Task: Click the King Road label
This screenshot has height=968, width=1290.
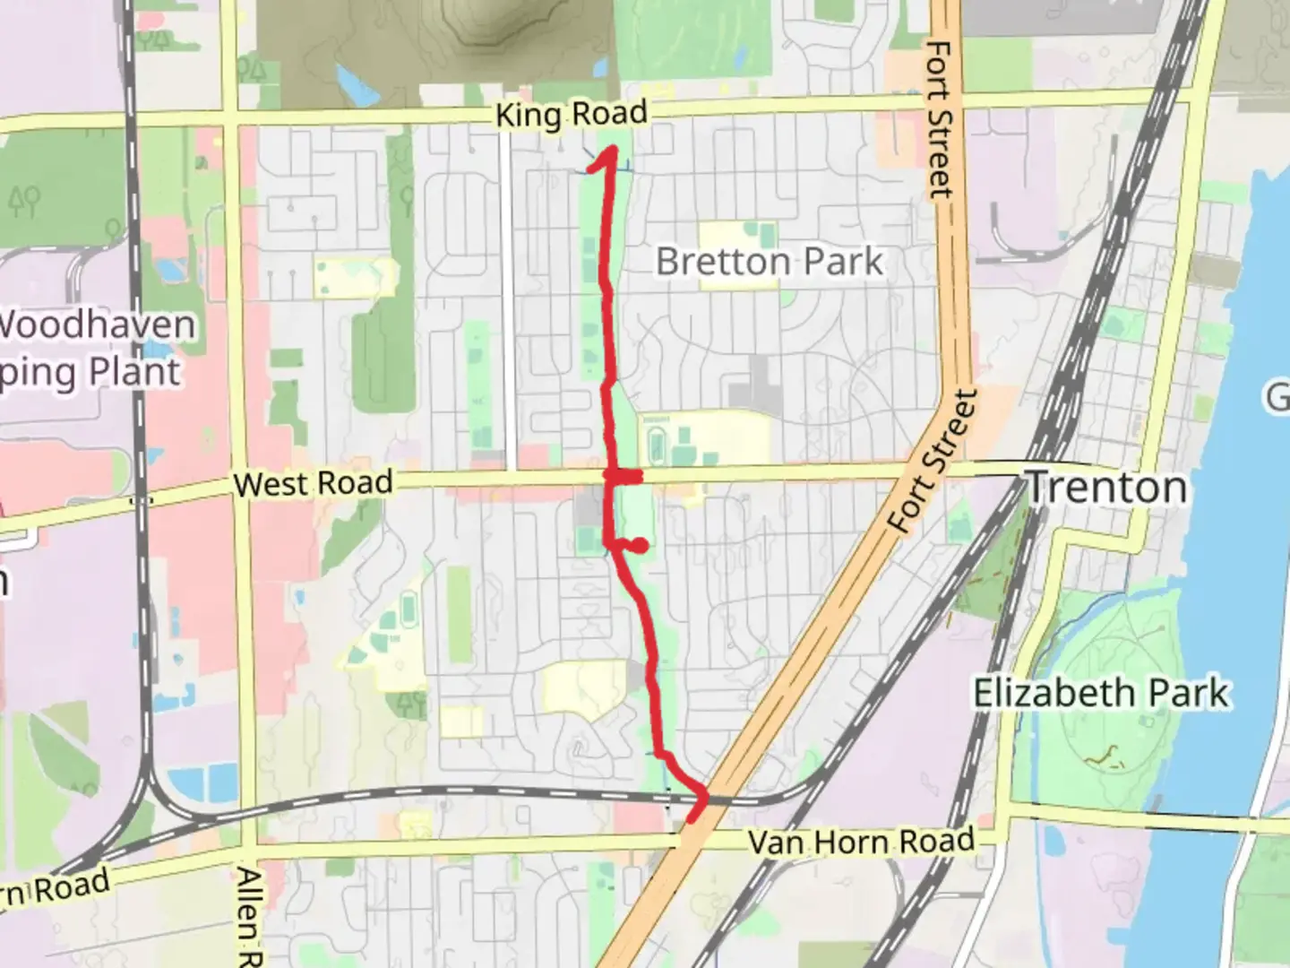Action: [571, 115]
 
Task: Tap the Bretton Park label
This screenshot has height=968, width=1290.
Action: [770, 262]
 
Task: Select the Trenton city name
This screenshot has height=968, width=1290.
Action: [1106, 488]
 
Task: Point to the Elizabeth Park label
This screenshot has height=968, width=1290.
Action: [1101, 694]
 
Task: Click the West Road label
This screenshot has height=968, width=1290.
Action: [313, 484]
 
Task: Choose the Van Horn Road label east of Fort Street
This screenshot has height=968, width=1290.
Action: [861, 841]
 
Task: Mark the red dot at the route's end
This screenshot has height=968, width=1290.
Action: [641, 545]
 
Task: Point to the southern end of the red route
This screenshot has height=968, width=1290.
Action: [692, 817]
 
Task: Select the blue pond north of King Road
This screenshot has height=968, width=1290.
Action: [352, 82]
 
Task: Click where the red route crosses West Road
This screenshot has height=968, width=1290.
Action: [614, 476]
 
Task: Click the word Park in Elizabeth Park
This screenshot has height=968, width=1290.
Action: [1185, 694]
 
